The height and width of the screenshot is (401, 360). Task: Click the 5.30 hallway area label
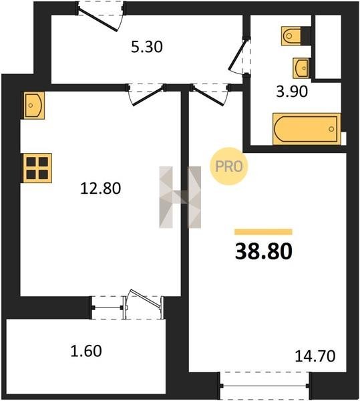point(147,47)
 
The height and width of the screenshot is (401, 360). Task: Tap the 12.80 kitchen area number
point(100,188)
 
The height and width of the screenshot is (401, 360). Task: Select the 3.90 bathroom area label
point(292,92)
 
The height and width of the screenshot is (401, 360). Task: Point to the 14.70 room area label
point(315,356)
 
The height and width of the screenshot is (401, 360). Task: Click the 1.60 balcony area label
point(86,351)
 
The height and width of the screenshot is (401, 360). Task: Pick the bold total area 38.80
point(263,251)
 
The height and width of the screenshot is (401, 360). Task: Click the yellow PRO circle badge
point(228,166)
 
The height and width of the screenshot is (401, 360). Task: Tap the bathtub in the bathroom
point(307,128)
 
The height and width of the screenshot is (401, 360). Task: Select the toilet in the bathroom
point(291,36)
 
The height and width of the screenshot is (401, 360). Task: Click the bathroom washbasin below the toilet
point(301,68)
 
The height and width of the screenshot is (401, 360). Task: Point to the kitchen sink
point(34,106)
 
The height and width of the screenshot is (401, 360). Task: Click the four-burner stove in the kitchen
point(37,168)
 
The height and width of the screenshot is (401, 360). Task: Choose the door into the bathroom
point(239,55)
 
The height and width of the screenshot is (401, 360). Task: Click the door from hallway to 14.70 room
point(210,94)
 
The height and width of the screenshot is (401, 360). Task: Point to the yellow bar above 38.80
point(263,232)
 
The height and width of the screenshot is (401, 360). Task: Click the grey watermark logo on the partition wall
point(180,197)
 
